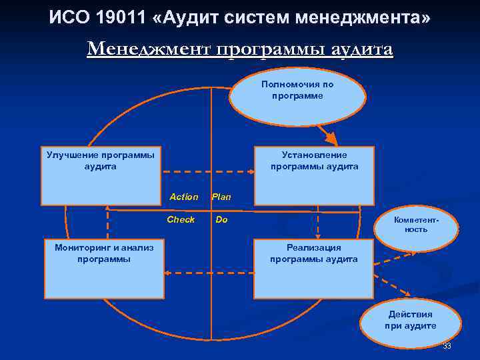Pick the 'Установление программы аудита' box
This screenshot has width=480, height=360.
click(x=314, y=175)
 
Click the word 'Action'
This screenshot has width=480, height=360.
click(x=183, y=197)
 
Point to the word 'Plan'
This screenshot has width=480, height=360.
click(x=221, y=197)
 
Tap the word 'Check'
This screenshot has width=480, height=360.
click(x=181, y=219)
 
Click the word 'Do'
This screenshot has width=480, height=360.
click(x=221, y=219)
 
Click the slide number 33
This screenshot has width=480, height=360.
click(x=447, y=346)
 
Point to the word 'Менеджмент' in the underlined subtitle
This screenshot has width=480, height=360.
click(x=147, y=50)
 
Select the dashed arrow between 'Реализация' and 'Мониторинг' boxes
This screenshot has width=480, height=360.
click(x=209, y=272)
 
